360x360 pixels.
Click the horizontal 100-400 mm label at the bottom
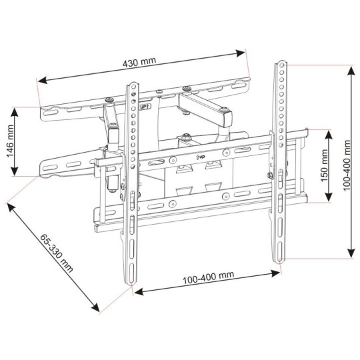[206, 276]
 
